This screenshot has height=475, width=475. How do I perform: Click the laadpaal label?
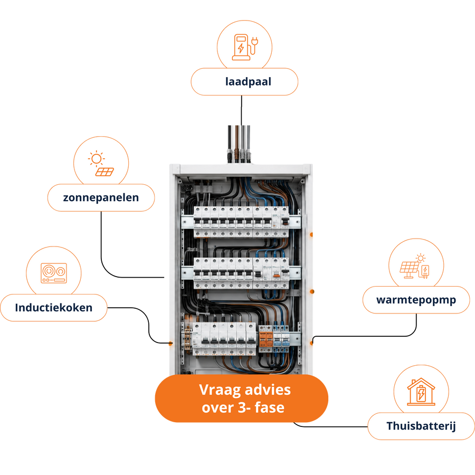pos(244,82)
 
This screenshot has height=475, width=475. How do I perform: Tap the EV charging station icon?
pos(245,47)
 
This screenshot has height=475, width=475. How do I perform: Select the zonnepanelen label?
pos(101,197)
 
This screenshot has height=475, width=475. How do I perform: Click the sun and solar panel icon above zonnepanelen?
pos(101,163)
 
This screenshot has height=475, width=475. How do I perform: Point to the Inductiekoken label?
pos(54,308)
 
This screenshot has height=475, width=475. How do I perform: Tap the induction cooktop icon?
pos(54,273)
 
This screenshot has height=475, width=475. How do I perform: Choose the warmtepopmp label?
pos(416,300)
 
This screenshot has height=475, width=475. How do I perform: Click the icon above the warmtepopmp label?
pos(414,266)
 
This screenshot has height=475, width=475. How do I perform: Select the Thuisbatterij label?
pos(421,426)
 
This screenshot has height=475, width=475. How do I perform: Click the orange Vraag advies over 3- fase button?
pos(241,398)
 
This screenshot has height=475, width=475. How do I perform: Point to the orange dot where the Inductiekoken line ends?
pos(170,344)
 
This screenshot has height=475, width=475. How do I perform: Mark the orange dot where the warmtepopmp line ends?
pos(311,343)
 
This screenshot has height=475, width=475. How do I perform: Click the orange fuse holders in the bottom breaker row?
pos(265,339)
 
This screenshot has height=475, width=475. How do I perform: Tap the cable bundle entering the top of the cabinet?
pos(239,144)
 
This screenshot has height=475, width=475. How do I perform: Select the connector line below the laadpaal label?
pos(241,110)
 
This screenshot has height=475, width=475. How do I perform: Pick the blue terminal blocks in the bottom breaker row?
pos(281,339)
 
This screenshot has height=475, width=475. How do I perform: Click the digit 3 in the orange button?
pos(242,408)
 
